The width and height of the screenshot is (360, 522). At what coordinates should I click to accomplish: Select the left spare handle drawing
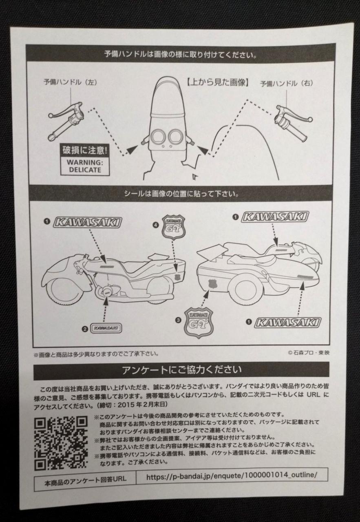point(66,121)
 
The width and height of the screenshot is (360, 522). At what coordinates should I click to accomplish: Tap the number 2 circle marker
point(85,329)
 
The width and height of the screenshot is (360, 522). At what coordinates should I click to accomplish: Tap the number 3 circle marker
point(178,321)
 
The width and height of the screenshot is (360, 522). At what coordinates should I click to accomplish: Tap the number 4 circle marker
point(156,225)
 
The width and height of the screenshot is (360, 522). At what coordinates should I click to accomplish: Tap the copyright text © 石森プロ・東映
point(309,353)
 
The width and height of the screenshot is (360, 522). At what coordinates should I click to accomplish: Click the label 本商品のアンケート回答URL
point(85,476)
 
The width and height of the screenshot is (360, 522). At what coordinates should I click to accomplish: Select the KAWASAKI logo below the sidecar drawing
point(288,322)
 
